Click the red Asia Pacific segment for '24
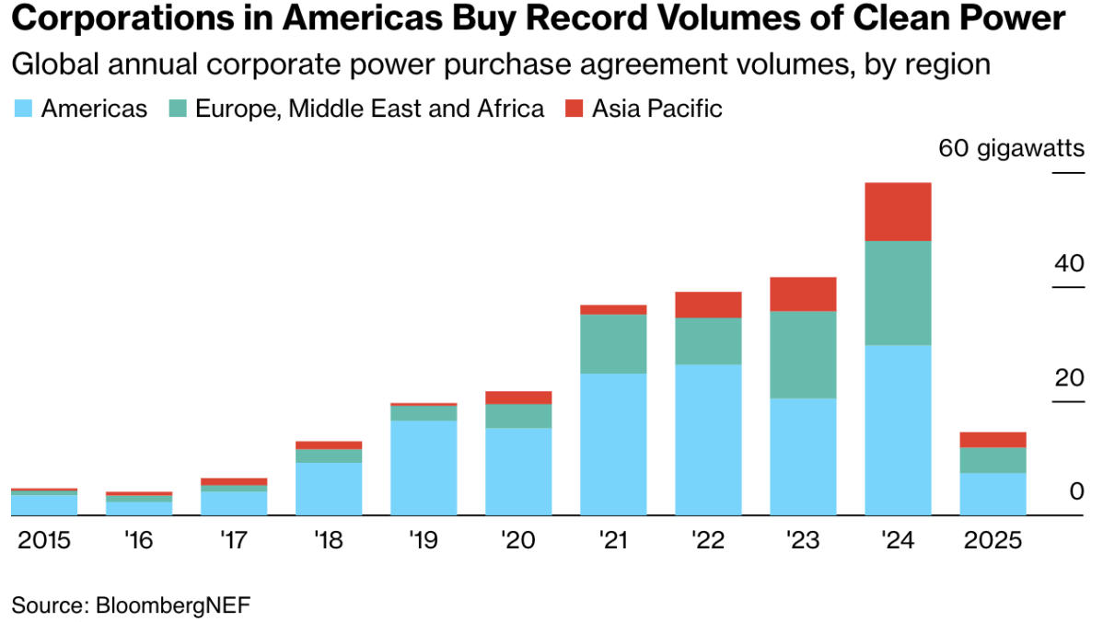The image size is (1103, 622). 898,212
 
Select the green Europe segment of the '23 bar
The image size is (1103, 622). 803,354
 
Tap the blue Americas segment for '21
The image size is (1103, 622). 613,443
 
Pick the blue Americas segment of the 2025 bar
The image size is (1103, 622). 993,494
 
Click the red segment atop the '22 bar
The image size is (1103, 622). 708,305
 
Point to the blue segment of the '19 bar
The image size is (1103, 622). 424,467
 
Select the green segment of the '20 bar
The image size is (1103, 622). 518,416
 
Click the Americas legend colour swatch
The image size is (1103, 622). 22,109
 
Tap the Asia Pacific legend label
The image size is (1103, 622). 656,109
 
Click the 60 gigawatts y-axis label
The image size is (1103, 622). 1011,148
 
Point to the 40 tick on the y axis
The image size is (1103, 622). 1069,264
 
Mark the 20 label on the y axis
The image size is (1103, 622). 1069,378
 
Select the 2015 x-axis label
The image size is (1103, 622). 43,541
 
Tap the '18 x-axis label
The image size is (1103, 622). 328,541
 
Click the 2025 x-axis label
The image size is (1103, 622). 993,541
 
